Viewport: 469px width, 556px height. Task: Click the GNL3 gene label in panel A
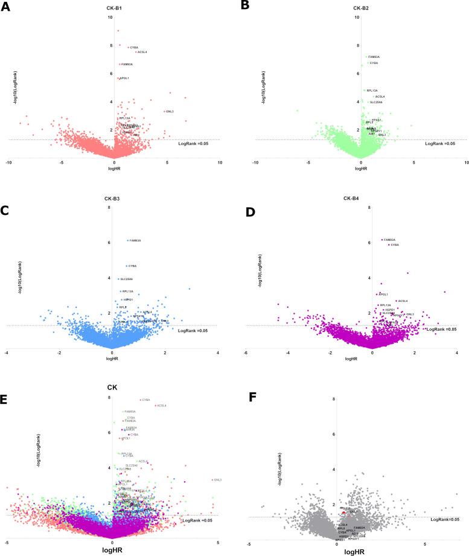pyautogui.click(x=170, y=112)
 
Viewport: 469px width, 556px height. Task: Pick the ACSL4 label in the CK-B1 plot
pyautogui.click(x=142, y=52)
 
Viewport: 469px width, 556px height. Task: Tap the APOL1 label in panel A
pyautogui.click(x=124, y=78)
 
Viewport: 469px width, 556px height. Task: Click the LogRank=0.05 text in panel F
pyautogui.click(x=445, y=519)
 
